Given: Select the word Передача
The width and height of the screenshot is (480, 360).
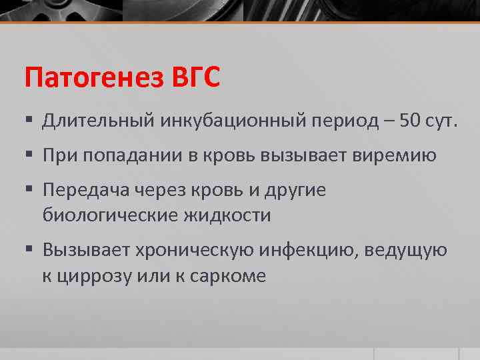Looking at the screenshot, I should pos(85,191).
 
